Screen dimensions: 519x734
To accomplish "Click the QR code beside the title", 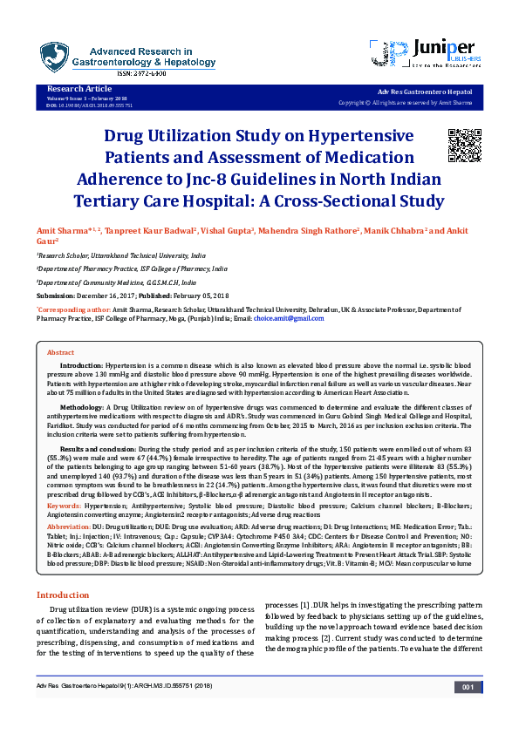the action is pos(465,145).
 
